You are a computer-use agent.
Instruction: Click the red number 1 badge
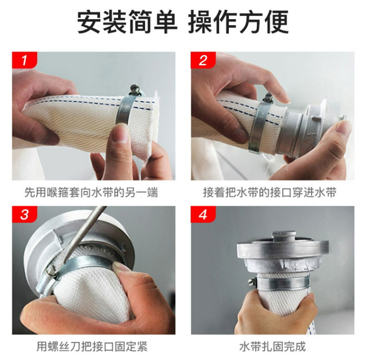coord(25,60)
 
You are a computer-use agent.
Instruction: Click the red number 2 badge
coord(203,60)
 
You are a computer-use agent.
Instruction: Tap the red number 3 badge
coord(25,214)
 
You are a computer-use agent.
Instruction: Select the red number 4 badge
coord(203,214)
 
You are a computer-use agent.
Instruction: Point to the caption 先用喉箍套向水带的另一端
coord(91,193)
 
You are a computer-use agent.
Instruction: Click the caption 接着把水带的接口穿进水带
coord(270,193)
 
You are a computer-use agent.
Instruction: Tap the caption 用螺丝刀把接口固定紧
coord(92,347)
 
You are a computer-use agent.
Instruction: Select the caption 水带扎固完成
coord(272,347)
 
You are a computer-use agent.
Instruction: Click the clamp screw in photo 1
coord(135,90)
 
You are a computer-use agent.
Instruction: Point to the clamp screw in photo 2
coord(268,97)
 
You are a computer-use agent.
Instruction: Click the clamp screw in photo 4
coord(251,281)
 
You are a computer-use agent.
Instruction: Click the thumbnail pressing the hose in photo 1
coord(122,133)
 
